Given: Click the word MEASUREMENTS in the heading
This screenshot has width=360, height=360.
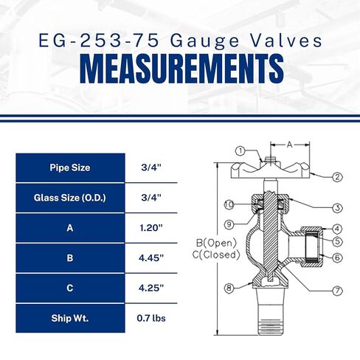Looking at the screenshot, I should click(x=180, y=68).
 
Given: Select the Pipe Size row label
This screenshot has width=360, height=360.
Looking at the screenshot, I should click(x=71, y=167).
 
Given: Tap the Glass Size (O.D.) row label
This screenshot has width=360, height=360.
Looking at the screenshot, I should click(x=71, y=198).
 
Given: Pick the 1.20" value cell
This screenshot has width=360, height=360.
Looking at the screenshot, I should click(x=150, y=228).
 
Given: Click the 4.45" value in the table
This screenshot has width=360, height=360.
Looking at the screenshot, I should click(x=150, y=258).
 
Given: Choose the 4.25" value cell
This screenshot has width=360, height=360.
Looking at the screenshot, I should click(x=150, y=288).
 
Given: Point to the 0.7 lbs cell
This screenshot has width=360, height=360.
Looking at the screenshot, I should click(x=150, y=319).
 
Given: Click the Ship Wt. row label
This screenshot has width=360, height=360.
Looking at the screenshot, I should click(x=71, y=319).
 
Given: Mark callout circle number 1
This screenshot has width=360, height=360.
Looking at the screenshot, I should click(x=240, y=151).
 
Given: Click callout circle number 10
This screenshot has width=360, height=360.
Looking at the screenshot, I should click(x=229, y=204).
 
